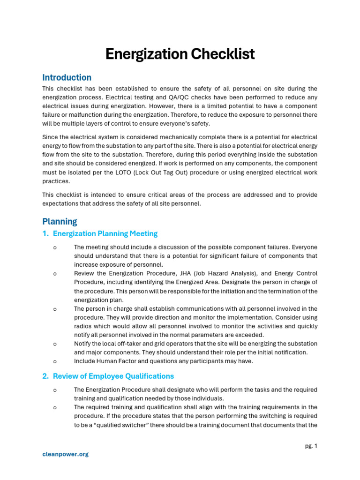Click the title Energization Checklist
180,54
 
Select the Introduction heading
67,78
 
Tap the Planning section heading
60,221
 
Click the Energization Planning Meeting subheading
105,233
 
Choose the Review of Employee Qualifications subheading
113,376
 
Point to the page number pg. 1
311,446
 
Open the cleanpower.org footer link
65,454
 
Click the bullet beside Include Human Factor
55,361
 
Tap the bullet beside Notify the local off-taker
55,344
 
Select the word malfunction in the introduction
82,115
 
